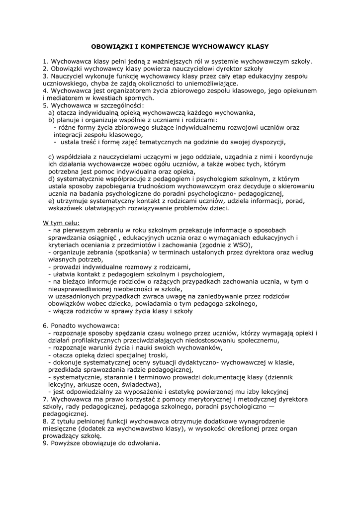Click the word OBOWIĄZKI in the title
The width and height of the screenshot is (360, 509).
click(x=109, y=46)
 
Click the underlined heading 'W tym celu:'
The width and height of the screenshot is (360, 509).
click(x=61, y=223)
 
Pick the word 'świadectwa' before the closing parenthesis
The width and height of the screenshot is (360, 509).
click(x=131, y=384)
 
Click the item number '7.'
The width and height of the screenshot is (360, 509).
click(x=45, y=399)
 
